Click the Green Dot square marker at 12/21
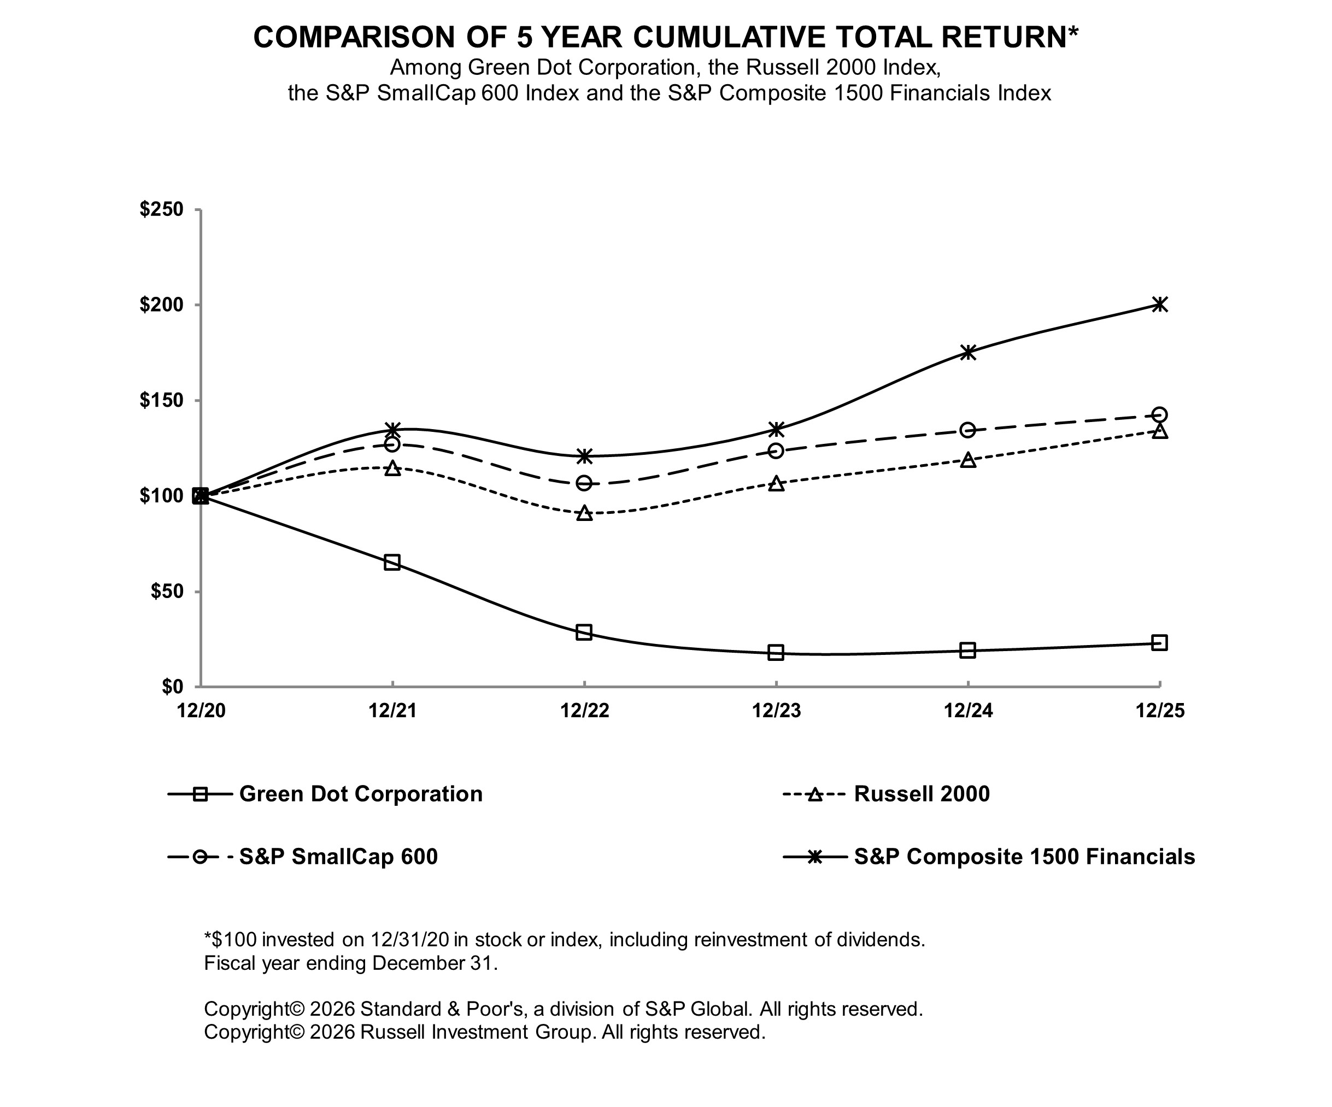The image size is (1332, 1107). click(x=392, y=562)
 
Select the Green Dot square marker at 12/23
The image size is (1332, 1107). click(x=776, y=652)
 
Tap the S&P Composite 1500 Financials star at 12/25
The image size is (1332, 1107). click(x=1159, y=304)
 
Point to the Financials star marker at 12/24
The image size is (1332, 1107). click(x=968, y=353)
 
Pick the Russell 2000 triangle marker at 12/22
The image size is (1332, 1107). click(x=585, y=513)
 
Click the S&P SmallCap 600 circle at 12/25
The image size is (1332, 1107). click(x=1159, y=415)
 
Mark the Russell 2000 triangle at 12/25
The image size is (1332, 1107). click(x=1159, y=431)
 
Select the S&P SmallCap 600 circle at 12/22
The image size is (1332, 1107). click(x=584, y=483)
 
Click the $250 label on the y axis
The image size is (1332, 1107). click(x=161, y=209)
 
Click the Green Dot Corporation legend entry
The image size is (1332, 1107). click(x=360, y=794)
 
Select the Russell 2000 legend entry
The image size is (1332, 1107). click(x=922, y=794)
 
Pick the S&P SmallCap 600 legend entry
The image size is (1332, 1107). click(x=338, y=857)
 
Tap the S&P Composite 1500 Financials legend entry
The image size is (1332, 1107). click(x=1024, y=857)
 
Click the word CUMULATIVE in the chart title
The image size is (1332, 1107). click(x=730, y=37)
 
